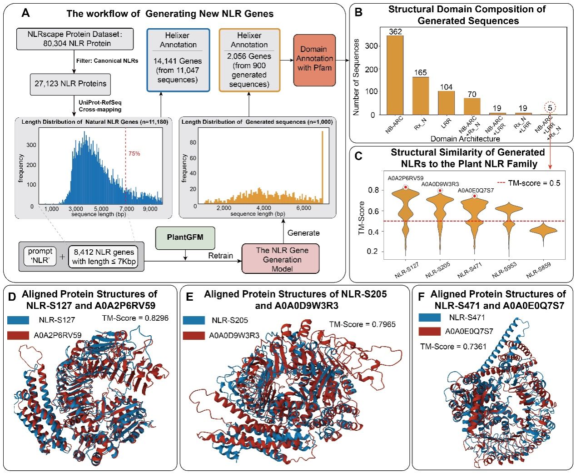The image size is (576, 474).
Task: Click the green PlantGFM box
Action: pos(185,238)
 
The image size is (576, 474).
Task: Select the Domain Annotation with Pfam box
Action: pos(314,60)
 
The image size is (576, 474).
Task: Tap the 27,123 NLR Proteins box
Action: pos(70,84)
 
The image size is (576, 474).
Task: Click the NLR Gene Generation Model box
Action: pos(280,259)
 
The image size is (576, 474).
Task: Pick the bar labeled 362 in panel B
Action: pos(395,75)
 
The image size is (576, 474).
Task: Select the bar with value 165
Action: pos(421,96)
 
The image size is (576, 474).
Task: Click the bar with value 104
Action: pos(446,103)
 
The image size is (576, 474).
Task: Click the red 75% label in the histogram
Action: pos(134,153)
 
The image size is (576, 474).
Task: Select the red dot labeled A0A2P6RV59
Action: pos(406,187)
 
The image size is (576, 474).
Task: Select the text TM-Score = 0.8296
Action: pos(135,318)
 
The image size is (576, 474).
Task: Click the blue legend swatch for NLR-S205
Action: pos(194,320)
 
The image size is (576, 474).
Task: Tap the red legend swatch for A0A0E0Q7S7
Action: pos(429,331)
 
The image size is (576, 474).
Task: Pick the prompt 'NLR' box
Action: pos(40,256)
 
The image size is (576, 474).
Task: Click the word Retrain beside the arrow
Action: pos(220,256)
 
